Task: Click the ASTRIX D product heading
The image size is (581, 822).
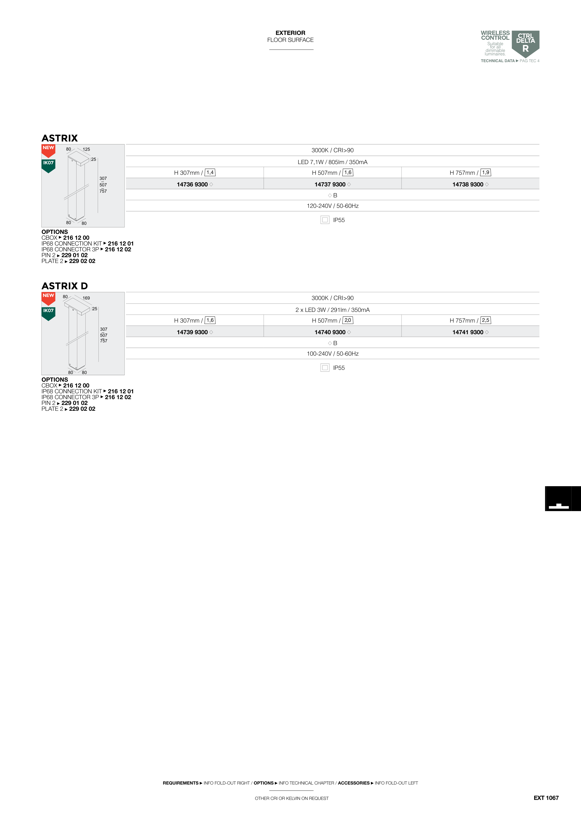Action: tap(64, 286)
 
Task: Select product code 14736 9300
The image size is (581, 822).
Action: tap(192, 184)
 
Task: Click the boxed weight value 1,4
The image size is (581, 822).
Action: tap(210, 172)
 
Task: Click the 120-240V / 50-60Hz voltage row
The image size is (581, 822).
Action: tap(332, 206)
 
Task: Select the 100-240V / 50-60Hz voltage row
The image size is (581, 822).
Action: tap(332, 354)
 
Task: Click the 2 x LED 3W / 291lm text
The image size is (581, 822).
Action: tap(332, 310)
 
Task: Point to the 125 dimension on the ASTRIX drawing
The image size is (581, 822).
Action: tap(86, 149)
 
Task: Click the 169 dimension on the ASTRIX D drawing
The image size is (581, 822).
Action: tap(86, 298)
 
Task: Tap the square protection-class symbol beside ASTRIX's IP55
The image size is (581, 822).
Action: tap(325, 220)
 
